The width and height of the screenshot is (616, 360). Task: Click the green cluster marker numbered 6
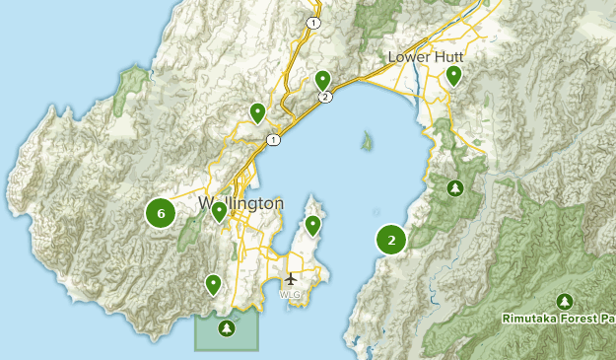pyautogui.click(x=161, y=211)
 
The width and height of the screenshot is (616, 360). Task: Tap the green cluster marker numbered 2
pyautogui.click(x=391, y=239)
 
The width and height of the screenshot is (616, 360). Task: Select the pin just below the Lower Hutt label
pyautogui.click(x=453, y=75)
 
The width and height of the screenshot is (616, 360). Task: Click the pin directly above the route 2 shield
pyautogui.click(x=322, y=80)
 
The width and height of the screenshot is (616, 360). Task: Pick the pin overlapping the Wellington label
pyautogui.click(x=219, y=211)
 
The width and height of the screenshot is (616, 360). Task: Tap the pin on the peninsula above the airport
pyautogui.click(x=312, y=226)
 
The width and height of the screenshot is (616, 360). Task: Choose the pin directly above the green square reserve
pyautogui.click(x=213, y=285)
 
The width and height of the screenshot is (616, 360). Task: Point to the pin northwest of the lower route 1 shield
pyautogui.click(x=257, y=113)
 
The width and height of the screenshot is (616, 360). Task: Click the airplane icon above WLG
pyautogui.click(x=291, y=279)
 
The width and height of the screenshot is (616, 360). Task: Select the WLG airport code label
pyautogui.click(x=290, y=294)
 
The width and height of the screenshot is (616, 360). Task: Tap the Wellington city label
pyautogui.click(x=240, y=203)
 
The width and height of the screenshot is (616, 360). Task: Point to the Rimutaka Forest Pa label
pyautogui.click(x=557, y=319)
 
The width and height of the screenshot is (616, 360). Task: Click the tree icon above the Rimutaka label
pyautogui.click(x=564, y=301)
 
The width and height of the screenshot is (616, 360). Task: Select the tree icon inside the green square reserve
pyautogui.click(x=227, y=327)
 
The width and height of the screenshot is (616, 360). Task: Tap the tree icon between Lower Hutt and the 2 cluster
pyautogui.click(x=454, y=187)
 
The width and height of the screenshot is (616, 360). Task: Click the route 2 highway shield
pyautogui.click(x=324, y=97)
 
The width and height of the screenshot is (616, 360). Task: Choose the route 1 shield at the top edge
pyautogui.click(x=313, y=22)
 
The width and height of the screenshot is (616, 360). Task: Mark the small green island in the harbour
pyautogui.click(x=367, y=142)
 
